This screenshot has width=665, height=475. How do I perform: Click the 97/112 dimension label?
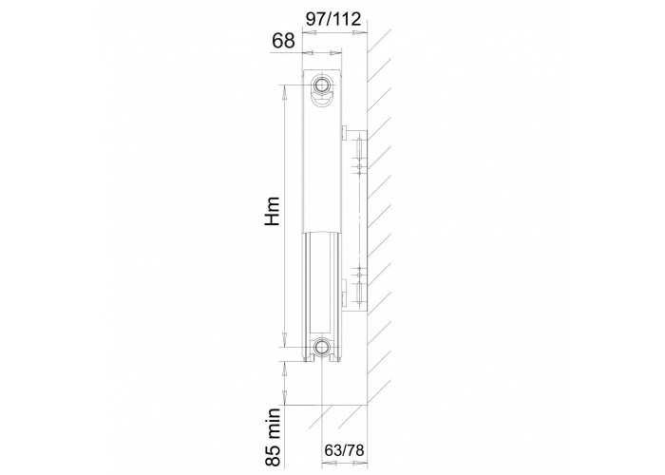tap(333, 19)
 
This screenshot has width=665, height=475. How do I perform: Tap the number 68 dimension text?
tap(283, 41)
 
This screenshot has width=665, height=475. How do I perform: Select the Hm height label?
tap(272, 211)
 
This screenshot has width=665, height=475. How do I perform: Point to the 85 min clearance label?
tap(275, 437)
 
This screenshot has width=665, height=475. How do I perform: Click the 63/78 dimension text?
tap(344, 450)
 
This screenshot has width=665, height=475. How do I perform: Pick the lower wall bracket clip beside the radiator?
tap(344, 293)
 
